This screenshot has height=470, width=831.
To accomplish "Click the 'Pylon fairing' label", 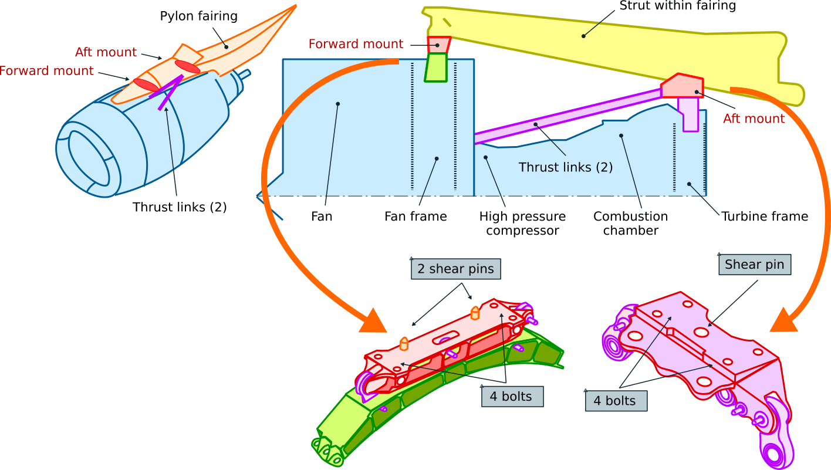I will [198, 16].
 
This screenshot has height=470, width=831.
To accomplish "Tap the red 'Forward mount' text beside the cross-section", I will [356, 44].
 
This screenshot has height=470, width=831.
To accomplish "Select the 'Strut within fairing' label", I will [678, 6].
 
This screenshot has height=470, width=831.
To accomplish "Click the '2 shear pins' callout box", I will [455, 269].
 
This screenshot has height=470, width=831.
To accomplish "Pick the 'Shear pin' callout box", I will [754, 265].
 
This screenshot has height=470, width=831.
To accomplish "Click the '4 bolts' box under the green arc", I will [511, 397].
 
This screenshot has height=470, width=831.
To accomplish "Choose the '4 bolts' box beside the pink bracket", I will [614, 401].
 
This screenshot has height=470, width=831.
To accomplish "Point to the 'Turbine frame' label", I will [765, 217].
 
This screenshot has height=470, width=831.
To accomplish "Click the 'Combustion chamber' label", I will [630, 224].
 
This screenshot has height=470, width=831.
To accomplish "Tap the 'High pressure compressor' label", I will [522, 224].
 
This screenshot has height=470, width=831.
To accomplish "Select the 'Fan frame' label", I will [415, 217].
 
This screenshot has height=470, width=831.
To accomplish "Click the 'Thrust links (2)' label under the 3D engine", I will [180, 207].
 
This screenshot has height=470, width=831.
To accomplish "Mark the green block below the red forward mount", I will [436, 67].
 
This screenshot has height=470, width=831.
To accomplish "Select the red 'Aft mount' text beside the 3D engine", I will [106, 52].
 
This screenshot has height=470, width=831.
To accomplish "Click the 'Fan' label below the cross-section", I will [322, 217].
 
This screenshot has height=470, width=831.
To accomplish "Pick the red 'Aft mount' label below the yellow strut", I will [754, 119].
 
